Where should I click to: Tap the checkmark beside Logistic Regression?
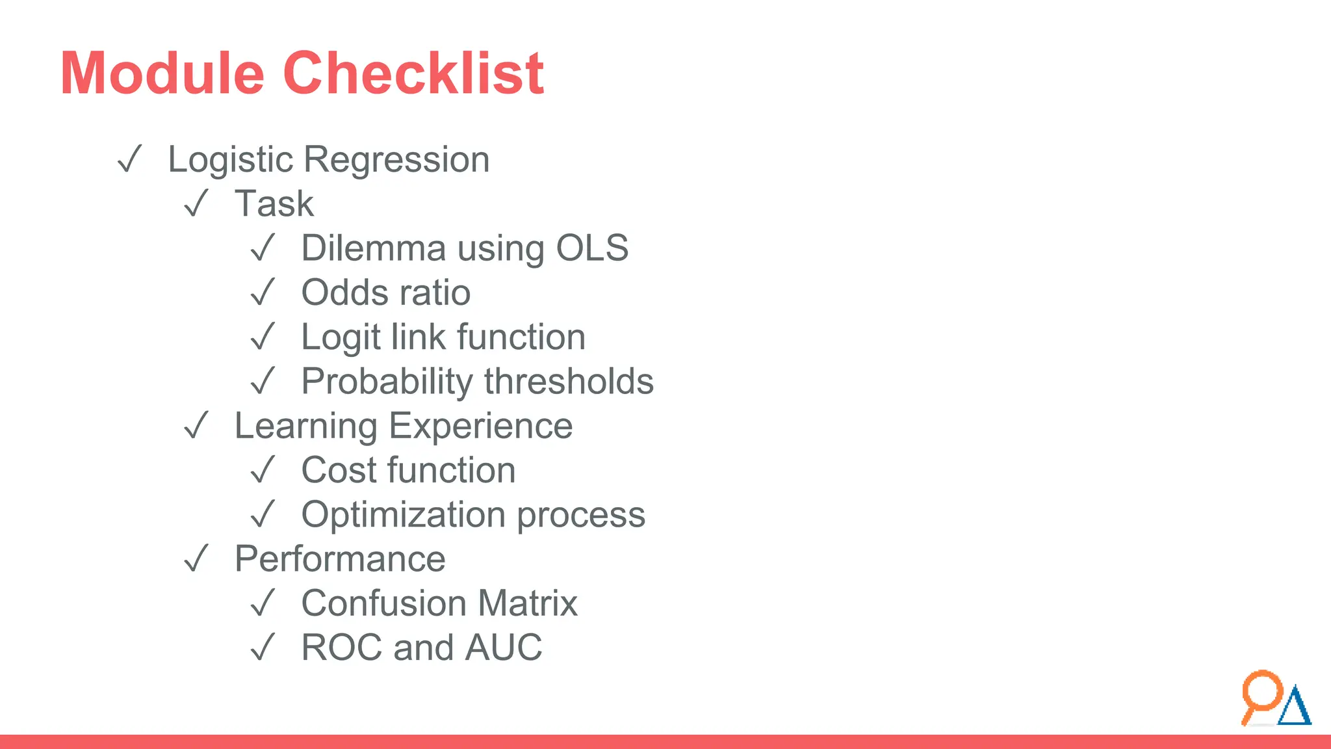tap(129, 159)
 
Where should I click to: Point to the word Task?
tap(274, 204)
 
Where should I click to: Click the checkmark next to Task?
tap(196, 204)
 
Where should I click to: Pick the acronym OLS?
tap(592, 248)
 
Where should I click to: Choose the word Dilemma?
tap(374, 248)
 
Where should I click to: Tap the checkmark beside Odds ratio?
tap(263, 293)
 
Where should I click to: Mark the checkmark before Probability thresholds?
tap(263, 381)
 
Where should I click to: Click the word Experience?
tap(481, 427)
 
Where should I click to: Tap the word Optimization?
tap(404, 515)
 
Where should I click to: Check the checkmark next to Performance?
tap(196, 558)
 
